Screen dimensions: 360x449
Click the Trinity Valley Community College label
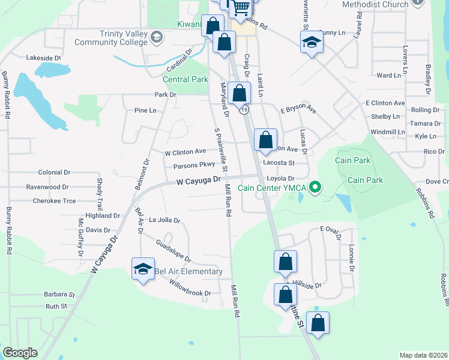point(110,38)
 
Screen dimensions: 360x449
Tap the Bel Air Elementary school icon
point(143,269)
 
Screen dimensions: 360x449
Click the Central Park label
point(186,79)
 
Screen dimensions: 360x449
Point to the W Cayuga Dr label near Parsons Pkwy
point(199,180)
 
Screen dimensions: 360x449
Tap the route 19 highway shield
point(243,110)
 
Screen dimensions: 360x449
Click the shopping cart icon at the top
point(241,7)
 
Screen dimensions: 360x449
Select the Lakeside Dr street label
point(43,58)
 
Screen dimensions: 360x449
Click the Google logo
point(20,353)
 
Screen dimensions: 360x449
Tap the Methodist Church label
point(375,4)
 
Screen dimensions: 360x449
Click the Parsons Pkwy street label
point(194,166)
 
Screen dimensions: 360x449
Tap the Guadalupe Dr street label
point(172,251)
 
